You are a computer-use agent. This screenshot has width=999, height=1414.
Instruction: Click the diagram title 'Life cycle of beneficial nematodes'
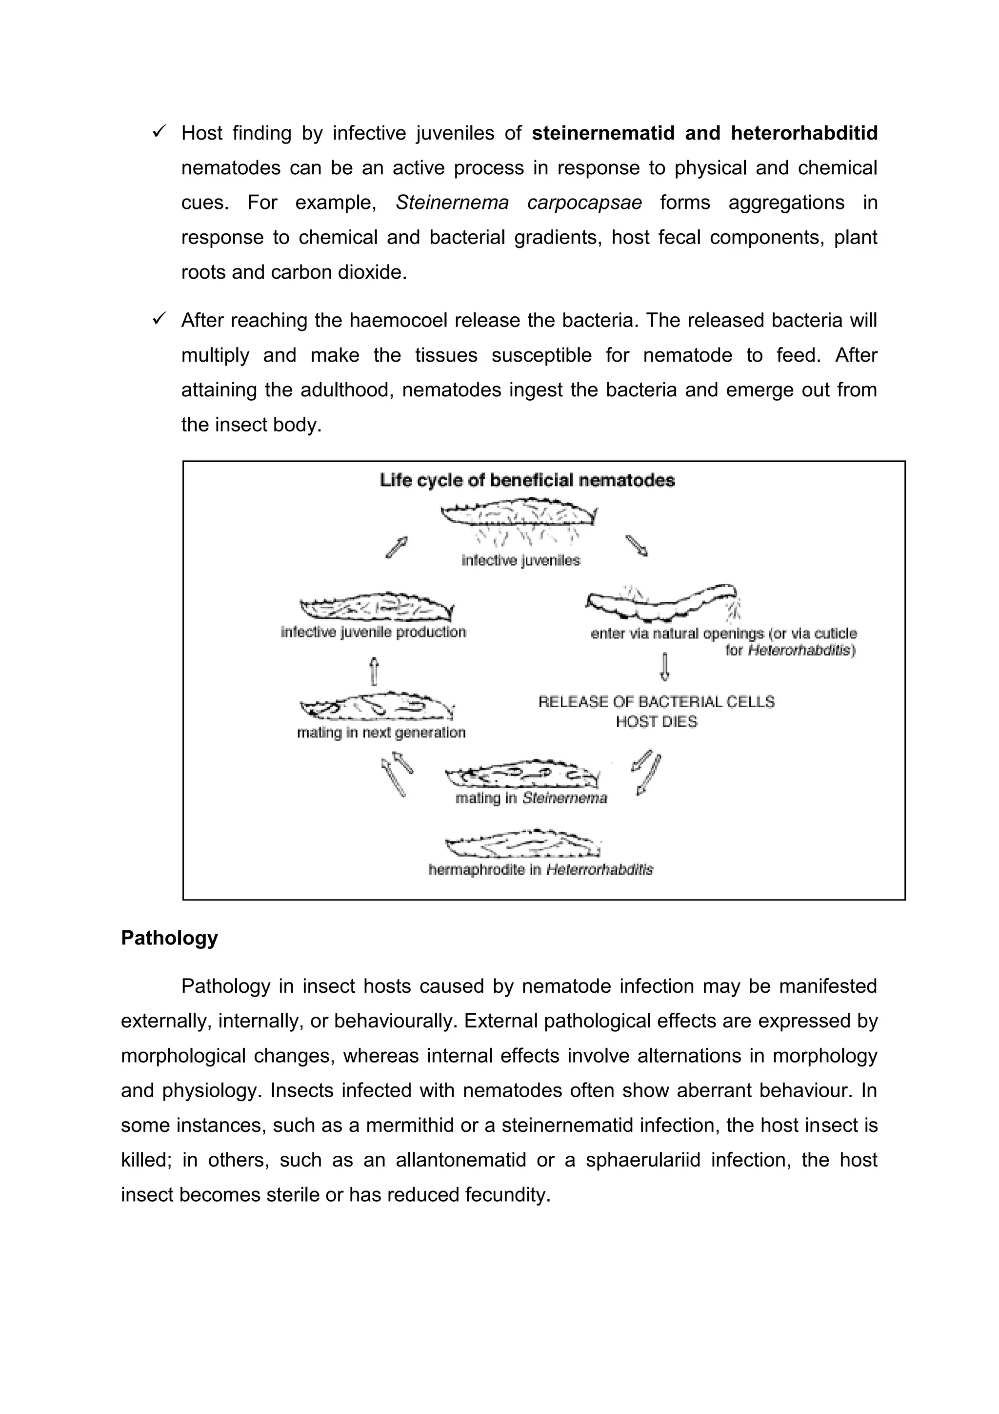[x=527, y=480]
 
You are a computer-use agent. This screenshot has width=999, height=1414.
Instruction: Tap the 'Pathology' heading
[x=169, y=938]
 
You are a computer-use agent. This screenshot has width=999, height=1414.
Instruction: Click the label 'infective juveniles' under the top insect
[x=521, y=560]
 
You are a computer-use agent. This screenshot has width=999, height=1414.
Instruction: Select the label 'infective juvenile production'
[x=373, y=632]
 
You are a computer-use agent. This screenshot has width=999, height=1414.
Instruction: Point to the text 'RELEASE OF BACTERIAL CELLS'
[x=656, y=701]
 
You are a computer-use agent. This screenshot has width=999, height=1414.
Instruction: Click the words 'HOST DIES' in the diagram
[x=656, y=721]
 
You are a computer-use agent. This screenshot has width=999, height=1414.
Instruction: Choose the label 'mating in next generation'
[x=381, y=732]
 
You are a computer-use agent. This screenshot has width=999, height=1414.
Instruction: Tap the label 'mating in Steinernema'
[x=531, y=798]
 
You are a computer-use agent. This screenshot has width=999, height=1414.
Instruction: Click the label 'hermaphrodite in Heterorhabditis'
[x=540, y=870]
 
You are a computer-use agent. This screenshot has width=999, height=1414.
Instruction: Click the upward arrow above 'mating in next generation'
[x=373, y=671]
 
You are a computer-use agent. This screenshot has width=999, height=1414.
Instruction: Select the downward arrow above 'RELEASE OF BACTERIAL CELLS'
[x=664, y=667]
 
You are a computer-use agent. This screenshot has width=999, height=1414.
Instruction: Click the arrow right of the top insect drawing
[x=637, y=546]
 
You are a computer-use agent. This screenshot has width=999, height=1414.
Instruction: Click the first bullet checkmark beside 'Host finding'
[x=159, y=131]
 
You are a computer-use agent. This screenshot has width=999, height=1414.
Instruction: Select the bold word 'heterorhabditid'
[x=804, y=133]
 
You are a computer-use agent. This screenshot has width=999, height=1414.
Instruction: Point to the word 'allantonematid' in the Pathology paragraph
[x=460, y=1160]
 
